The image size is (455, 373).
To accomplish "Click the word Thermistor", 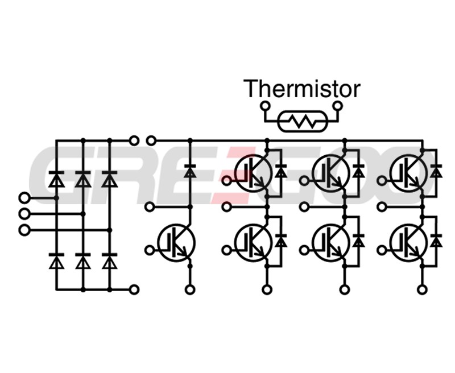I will point(301,89).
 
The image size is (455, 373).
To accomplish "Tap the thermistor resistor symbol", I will point(301,121).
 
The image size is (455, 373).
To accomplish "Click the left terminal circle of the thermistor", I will point(264,106).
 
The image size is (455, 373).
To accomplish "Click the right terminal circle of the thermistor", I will point(339,106).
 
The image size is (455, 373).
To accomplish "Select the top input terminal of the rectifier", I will point(23,197).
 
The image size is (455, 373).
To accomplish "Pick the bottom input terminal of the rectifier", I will point(23,230).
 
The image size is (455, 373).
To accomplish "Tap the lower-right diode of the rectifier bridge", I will point(109,262).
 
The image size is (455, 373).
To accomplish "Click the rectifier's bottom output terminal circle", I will point(134,289).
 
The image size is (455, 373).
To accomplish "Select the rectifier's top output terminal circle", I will point(134,140).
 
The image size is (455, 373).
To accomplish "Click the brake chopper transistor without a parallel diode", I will point(176,243).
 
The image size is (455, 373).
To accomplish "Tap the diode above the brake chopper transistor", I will point(190,171).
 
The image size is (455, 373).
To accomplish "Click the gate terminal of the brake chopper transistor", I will point(150,249).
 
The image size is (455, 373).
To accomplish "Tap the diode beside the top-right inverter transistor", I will point(436,171).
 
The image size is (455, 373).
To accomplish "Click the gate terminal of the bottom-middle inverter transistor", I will point(305,249).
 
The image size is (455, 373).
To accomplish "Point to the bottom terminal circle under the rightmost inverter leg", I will point(421,290).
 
